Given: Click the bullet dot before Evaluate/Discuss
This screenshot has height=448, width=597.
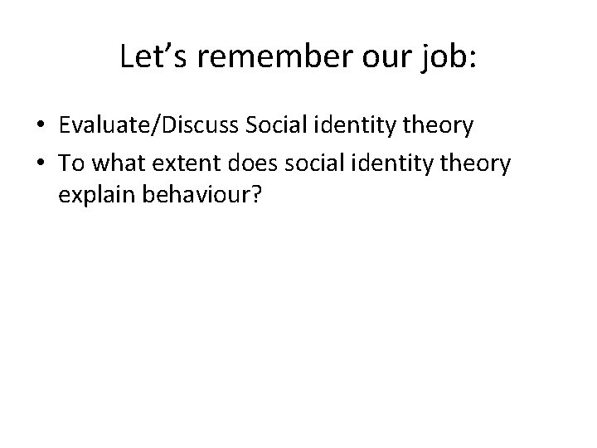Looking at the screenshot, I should coord(40,127).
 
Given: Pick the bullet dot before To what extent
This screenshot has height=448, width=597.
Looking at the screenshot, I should coord(40,163).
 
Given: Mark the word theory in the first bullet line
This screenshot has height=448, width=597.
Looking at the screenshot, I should coord(439,126).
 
